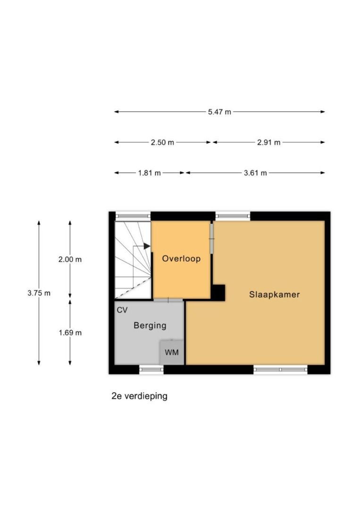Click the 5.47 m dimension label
click(x=220, y=112)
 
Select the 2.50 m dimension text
click(x=162, y=143)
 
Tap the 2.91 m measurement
click(x=268, y=143)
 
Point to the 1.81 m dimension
click(x=150, y=173)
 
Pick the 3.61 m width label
click(x=255, y=173)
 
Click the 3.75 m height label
click(x=39, y=293)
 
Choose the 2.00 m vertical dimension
click(x=70, y=260)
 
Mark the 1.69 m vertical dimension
click(x=70, y=333)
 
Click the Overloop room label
click(x=181, y=259)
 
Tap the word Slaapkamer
click(x=275, y=295)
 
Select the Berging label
click(x=150, y=325)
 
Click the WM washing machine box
click(x=172, y=352)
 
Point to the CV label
click(x=122, y=310)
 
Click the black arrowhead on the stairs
click(x=147, y=246)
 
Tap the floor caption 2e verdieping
click(x=139, y=396)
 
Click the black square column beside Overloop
click(x=218, y=292)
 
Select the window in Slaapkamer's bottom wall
click(x=280, y=369)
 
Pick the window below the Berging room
click(x=151, y=369)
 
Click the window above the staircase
click(x=133, y=216)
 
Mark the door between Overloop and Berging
click(x=168, y=300)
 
